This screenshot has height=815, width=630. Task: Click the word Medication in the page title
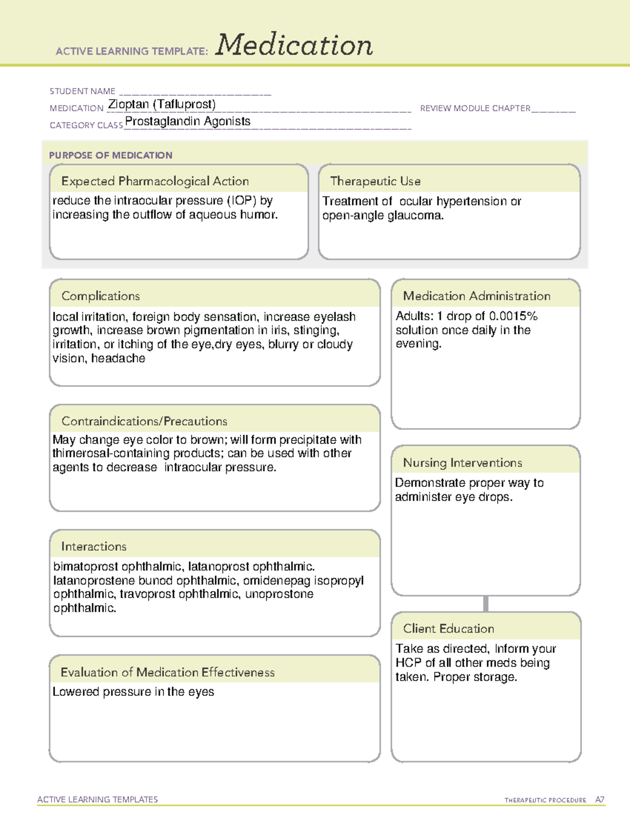click(x=294, y=45)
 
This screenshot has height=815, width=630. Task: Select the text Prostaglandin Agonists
click(x=187, y=121)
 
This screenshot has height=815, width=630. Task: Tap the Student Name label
click(x=82, y=91)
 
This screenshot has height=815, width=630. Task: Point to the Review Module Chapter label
click(x=475, y=108)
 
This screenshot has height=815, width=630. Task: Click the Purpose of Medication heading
click(x=110, y=155)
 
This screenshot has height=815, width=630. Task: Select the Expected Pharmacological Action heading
click(x=155, y=181)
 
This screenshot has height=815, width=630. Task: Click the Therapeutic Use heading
click(x=375, y=181)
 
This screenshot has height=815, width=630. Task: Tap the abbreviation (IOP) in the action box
click(x=241, y=200)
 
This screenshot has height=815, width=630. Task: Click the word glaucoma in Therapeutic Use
click(x=415, y=216)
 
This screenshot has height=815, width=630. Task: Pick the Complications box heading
click(x=100, y=296)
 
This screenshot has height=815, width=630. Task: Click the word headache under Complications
click(x=118, y=358)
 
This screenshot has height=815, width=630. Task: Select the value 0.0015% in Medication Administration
click(x=513, y=316)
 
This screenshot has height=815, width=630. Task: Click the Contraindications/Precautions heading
click(x=144, y=421)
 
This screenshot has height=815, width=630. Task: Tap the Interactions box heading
click(x=93, y=546)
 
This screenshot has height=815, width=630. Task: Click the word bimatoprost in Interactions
click(x=86, y=567)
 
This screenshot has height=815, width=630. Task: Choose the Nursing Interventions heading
click(x=463, y=462)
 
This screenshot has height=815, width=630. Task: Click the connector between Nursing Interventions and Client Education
click(x=486, y=604)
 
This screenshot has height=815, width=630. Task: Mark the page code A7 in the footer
click(x=600, y=800)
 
